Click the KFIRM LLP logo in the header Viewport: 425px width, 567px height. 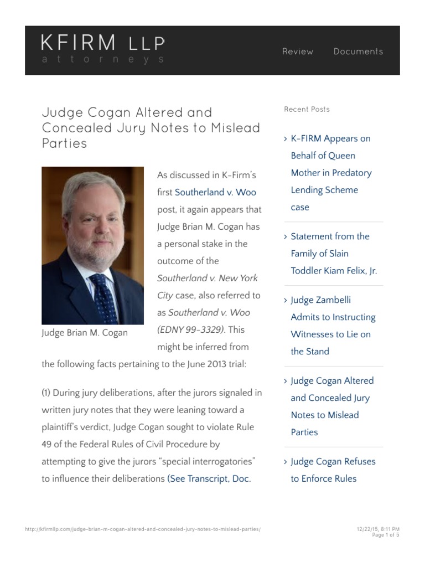(x=102, y=43)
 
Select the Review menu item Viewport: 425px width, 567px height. (x=298, y=51)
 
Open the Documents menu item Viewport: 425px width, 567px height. (x=358, y=51)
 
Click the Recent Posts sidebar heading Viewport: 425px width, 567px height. (x=307, y=110)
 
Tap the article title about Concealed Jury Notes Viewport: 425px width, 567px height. (x=151, y=128)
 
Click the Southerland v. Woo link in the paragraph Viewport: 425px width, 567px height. (x=215, y=193)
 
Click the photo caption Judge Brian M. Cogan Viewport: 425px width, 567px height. (x=85, y=333)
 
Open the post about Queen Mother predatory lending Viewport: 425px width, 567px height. (x=331, y=173)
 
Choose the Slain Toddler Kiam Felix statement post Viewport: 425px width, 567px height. (x=334, y=254)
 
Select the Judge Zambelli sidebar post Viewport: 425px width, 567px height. (x=333, y=326)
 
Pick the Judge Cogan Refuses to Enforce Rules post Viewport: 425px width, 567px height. (x=332, y=470)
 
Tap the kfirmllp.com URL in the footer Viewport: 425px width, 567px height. (x=143, y=529)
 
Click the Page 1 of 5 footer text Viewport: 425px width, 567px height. (x=386, y=535)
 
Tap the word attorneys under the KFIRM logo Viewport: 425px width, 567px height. (x=103, y=60)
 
